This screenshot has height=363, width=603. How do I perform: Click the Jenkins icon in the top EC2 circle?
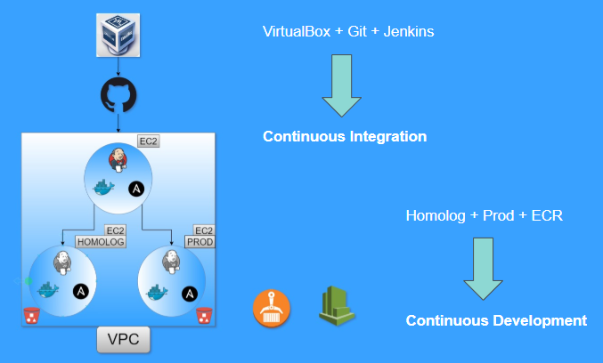pyautogui.click(x=118, y=161)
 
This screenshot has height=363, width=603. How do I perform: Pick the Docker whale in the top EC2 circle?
pyautogui.click(x=105, y=189)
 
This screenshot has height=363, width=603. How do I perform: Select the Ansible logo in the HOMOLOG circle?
pyautogui.click(x=80, y=291)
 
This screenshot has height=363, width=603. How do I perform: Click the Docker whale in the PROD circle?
pyautogui.click(x=159, y=292)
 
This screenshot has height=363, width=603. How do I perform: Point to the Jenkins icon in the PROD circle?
pyautogui.click(x=172, y=262)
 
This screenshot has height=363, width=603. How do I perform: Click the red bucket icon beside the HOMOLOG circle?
pyautogui.click(x=31, y=315)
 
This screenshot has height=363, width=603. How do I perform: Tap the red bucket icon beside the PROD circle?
pyautogui.click(x=204, y=315)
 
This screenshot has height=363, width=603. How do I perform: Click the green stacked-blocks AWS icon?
pyautogui.click(x=336, y=305)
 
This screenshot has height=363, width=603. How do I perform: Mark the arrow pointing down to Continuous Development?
pyautogui.click(x=483, y=267)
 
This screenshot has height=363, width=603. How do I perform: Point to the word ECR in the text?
pyautogui.click(x=546, y=215)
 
